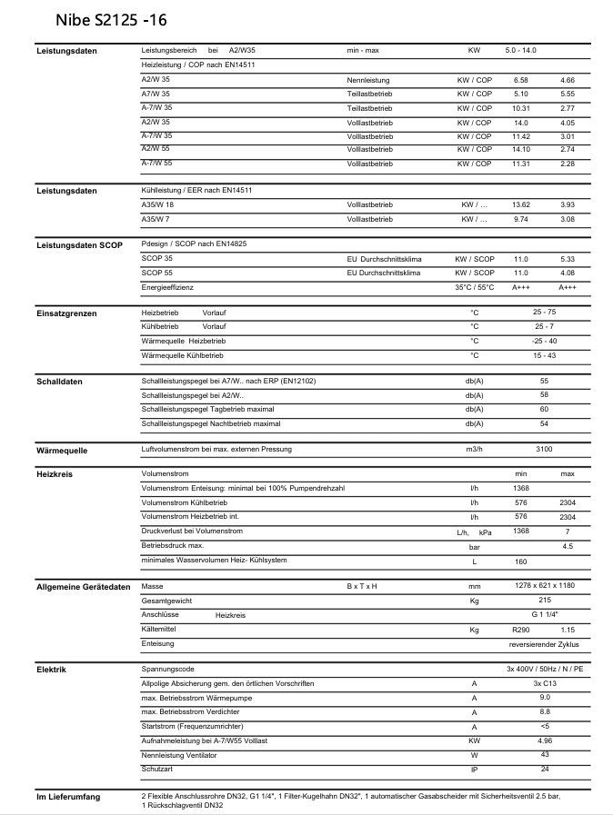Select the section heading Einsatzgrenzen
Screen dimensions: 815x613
coord(66,313)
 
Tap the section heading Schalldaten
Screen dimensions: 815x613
coord(59,382)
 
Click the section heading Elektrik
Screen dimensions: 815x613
coord(51,670)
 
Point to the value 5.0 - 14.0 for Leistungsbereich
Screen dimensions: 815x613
coord(520,50)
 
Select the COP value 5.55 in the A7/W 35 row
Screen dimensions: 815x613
coord(568,94)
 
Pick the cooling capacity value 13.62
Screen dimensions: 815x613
coord(520,205)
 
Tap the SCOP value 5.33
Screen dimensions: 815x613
coord(568,259)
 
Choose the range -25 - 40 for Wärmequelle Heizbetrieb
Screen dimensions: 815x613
coord(544,341)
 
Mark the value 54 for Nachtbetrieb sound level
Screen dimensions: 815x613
coord(544,423)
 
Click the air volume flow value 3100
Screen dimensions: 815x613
coord(544,450)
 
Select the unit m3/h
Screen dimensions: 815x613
coord(474,450)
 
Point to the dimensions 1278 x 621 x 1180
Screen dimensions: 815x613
coord(544,586)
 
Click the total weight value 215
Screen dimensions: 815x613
coord(544,601)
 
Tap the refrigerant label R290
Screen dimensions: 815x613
coord(520,630)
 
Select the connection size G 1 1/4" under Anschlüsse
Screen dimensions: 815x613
coord(544,615)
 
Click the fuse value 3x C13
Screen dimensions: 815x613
coord(544,683)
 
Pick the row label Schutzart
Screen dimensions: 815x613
coord(157,769)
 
